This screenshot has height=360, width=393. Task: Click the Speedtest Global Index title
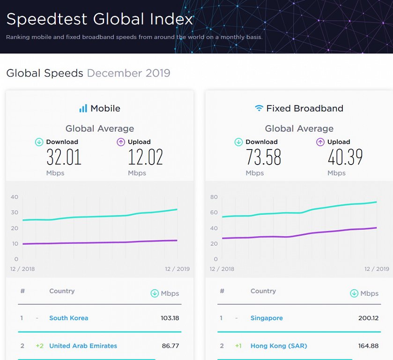click(99, 19)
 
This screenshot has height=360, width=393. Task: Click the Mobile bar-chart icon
click(83, 108)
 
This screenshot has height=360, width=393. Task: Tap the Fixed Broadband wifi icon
click(259, 108)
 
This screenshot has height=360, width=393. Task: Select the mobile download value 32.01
click(64, 157)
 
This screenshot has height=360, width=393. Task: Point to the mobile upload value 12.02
click(145, 157)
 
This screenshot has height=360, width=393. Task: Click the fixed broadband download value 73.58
click(263, 157)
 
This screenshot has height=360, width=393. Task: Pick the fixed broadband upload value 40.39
click(345, 157)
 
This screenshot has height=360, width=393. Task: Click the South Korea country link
click(68, 318)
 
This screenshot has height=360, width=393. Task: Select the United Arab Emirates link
click(83, 346)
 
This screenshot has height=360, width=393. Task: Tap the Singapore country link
click(267, 318)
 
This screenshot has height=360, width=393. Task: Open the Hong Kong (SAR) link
click(279, 346)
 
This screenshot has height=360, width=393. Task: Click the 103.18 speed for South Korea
click(170, 318)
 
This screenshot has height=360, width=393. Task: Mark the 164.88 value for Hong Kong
click(369, 346)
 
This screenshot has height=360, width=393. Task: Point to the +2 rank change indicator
click(39, 346)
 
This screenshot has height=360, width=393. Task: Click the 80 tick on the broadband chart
click(214, 197)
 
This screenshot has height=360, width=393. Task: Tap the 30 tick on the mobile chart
click(14, 212)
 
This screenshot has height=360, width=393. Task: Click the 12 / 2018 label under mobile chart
click(22, 269)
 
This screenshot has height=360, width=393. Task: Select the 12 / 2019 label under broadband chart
click(377, 269)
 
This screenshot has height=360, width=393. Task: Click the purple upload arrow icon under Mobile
click(120, 142)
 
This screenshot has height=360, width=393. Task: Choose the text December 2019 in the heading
click(129, 73)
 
